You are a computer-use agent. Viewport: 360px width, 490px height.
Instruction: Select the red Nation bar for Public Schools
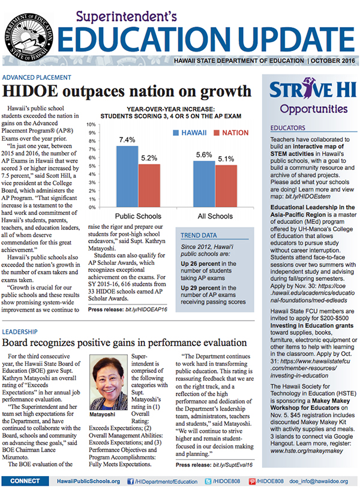pos(149,185)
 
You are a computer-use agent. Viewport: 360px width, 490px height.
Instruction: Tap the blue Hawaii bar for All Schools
pos(204,184)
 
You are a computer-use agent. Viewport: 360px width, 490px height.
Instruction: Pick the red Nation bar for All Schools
pos(226,187)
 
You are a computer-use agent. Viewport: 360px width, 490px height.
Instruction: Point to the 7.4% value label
pos(127,139)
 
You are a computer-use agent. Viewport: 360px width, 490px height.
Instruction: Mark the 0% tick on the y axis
pos(94,209)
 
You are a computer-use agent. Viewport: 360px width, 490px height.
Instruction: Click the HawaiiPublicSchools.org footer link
pos(88,481)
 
